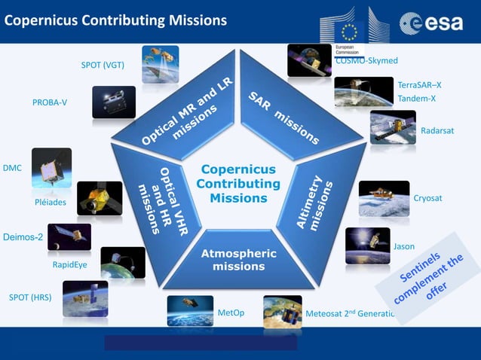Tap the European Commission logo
354,28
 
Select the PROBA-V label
50,102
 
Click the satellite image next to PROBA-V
114,102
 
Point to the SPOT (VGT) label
103,65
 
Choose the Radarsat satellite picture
393,127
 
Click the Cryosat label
427,198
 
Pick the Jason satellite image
367,246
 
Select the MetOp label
231,313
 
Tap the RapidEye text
70,265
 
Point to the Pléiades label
51,203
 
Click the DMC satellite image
51,167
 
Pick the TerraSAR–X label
419,85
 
